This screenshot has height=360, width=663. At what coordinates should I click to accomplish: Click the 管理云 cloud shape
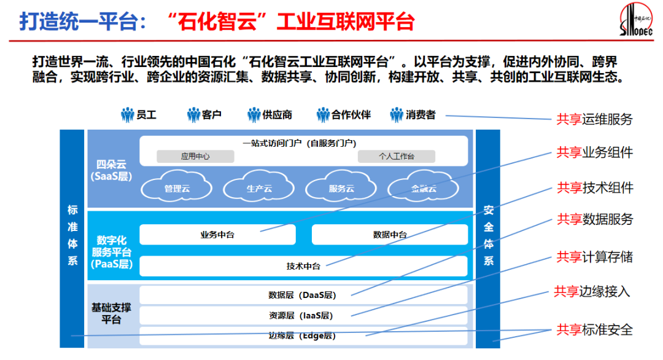pyautogui.click(x=177, y=188)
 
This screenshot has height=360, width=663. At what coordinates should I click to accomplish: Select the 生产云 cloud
pyautogui.click(x=259, y=188)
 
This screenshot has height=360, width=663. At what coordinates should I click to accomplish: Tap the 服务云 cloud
pyautogui.click(x=341, y=188)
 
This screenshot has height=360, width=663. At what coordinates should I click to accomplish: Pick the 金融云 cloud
pyautogui.click(x=424, y=188)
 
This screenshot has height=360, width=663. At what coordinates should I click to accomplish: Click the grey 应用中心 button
pyautogui.click(x=195, y=157)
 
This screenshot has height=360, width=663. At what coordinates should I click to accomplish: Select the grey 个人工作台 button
pyautogui.click(x=396, y=157)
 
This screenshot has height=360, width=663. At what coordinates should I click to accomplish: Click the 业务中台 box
pyautogui.click(x=217, y=235)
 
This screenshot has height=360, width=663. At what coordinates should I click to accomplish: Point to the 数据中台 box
pyautogui.click(x=390, y=235)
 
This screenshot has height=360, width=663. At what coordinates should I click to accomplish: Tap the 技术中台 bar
pyautogui.click(x=303, y=266)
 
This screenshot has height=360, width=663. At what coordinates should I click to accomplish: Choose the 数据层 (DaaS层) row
pyautogui.click(x=303, y=295)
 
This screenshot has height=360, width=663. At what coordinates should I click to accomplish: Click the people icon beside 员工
pyautogui.click(x=128, y=115)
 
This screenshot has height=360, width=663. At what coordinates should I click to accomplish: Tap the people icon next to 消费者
pyautogui.click(x=397, y=115)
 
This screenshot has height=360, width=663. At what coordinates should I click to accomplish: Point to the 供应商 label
pyautogui.click(x=277, y=115)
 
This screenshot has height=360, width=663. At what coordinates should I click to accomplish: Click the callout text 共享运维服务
pyautogui.click(x=594, y=119)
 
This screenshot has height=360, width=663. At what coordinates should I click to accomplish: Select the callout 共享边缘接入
pyautogui.click(x=592, y=291)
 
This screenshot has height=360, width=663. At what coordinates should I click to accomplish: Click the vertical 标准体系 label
pyautogui.click(x=72, y=235)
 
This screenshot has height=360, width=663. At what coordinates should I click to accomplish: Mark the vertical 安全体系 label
pyautogui.click(x=489, y=235)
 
